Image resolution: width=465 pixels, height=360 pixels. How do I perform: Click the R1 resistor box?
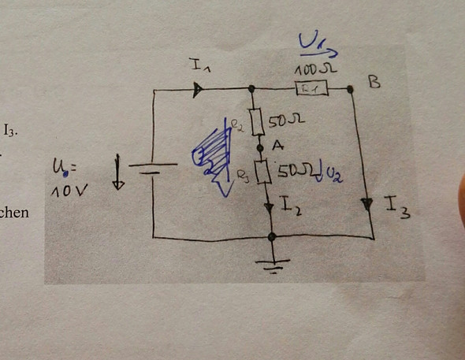(307, 89)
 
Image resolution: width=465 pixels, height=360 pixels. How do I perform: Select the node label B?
(375, 81)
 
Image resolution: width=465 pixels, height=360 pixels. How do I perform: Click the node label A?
(277, 146)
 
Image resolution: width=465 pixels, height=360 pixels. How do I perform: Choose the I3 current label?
(397, 207)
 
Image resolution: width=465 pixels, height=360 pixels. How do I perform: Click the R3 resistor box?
(266, 172)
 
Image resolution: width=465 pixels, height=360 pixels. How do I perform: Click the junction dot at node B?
(350, 90)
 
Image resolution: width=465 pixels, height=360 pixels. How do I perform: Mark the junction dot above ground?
(272, 236)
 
